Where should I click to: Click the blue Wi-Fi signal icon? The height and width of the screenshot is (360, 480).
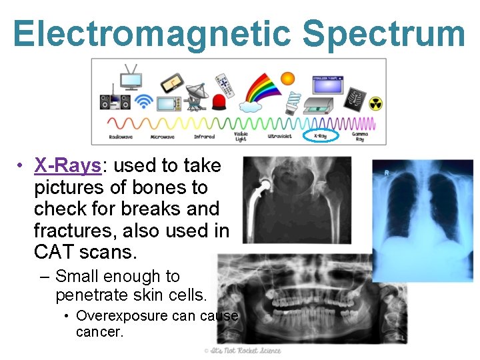[143, 101]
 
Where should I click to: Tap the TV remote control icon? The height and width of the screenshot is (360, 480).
[224, 86]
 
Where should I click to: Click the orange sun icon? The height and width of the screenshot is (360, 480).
[287, 79]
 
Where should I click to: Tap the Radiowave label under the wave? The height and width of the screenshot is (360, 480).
[121, 136]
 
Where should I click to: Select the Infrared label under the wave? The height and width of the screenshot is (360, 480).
[204, 136]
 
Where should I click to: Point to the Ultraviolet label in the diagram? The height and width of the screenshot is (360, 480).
[281, 136]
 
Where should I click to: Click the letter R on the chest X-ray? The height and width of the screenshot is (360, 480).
[386, 172]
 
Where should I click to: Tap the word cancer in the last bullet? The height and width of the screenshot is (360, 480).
[99, 331]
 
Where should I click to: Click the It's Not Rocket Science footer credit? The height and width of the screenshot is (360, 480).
[243, 351]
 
